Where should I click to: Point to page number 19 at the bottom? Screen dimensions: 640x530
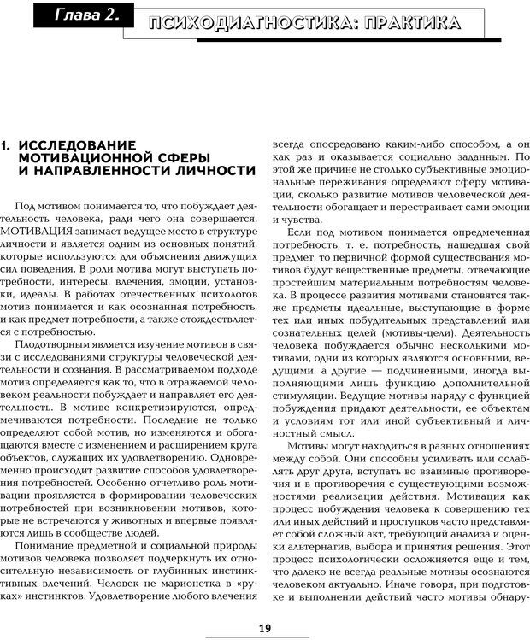pos(264,628)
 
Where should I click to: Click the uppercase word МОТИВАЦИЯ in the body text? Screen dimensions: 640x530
pos(40,232)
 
